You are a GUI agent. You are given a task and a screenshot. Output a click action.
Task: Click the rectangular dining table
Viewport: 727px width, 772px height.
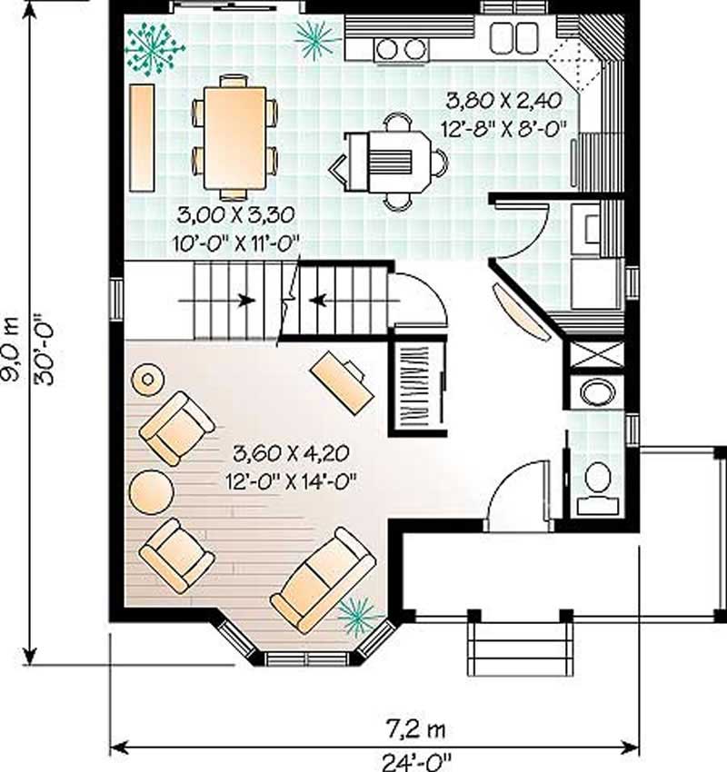[x=234, y=137]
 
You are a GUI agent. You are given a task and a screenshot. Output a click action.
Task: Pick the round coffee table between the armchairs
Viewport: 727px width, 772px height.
[x=151, y=491]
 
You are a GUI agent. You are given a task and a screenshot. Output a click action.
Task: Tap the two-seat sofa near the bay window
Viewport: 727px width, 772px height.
[x=323, y=579]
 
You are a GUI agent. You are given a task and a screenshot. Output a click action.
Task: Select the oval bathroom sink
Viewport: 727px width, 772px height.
[x=597, y=392]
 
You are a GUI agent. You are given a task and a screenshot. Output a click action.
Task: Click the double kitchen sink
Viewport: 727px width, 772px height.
[x=513, y=36]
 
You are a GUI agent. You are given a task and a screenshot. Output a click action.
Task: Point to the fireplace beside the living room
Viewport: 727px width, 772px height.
[x=419, y=385]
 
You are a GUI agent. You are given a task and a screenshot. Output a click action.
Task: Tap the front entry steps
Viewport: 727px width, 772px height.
[x=516, y=648]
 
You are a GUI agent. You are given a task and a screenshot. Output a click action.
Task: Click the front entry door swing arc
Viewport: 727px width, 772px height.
[x=516, y=495]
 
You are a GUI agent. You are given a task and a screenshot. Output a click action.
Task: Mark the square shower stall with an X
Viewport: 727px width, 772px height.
[x=596, y=354]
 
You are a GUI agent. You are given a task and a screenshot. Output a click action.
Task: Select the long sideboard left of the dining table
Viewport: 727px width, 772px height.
[x=143, y=137]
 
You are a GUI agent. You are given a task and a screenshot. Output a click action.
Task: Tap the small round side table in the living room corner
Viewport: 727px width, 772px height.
[x=146, y=379]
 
